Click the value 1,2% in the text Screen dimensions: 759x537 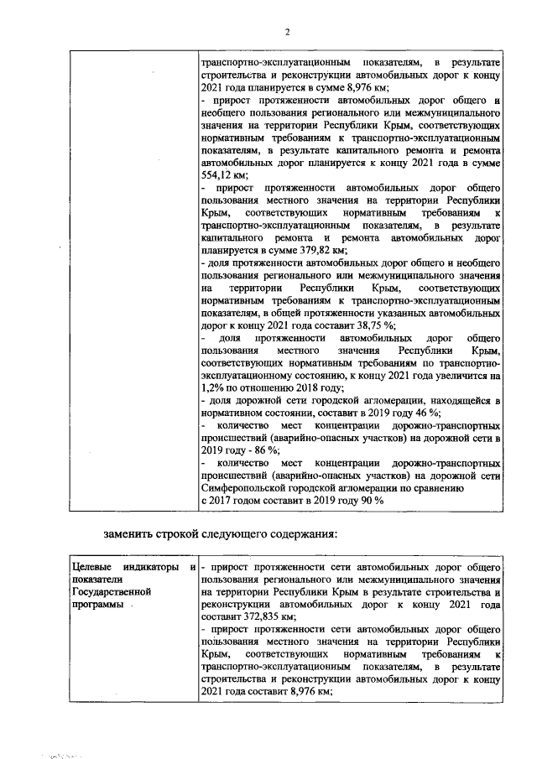214,387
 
